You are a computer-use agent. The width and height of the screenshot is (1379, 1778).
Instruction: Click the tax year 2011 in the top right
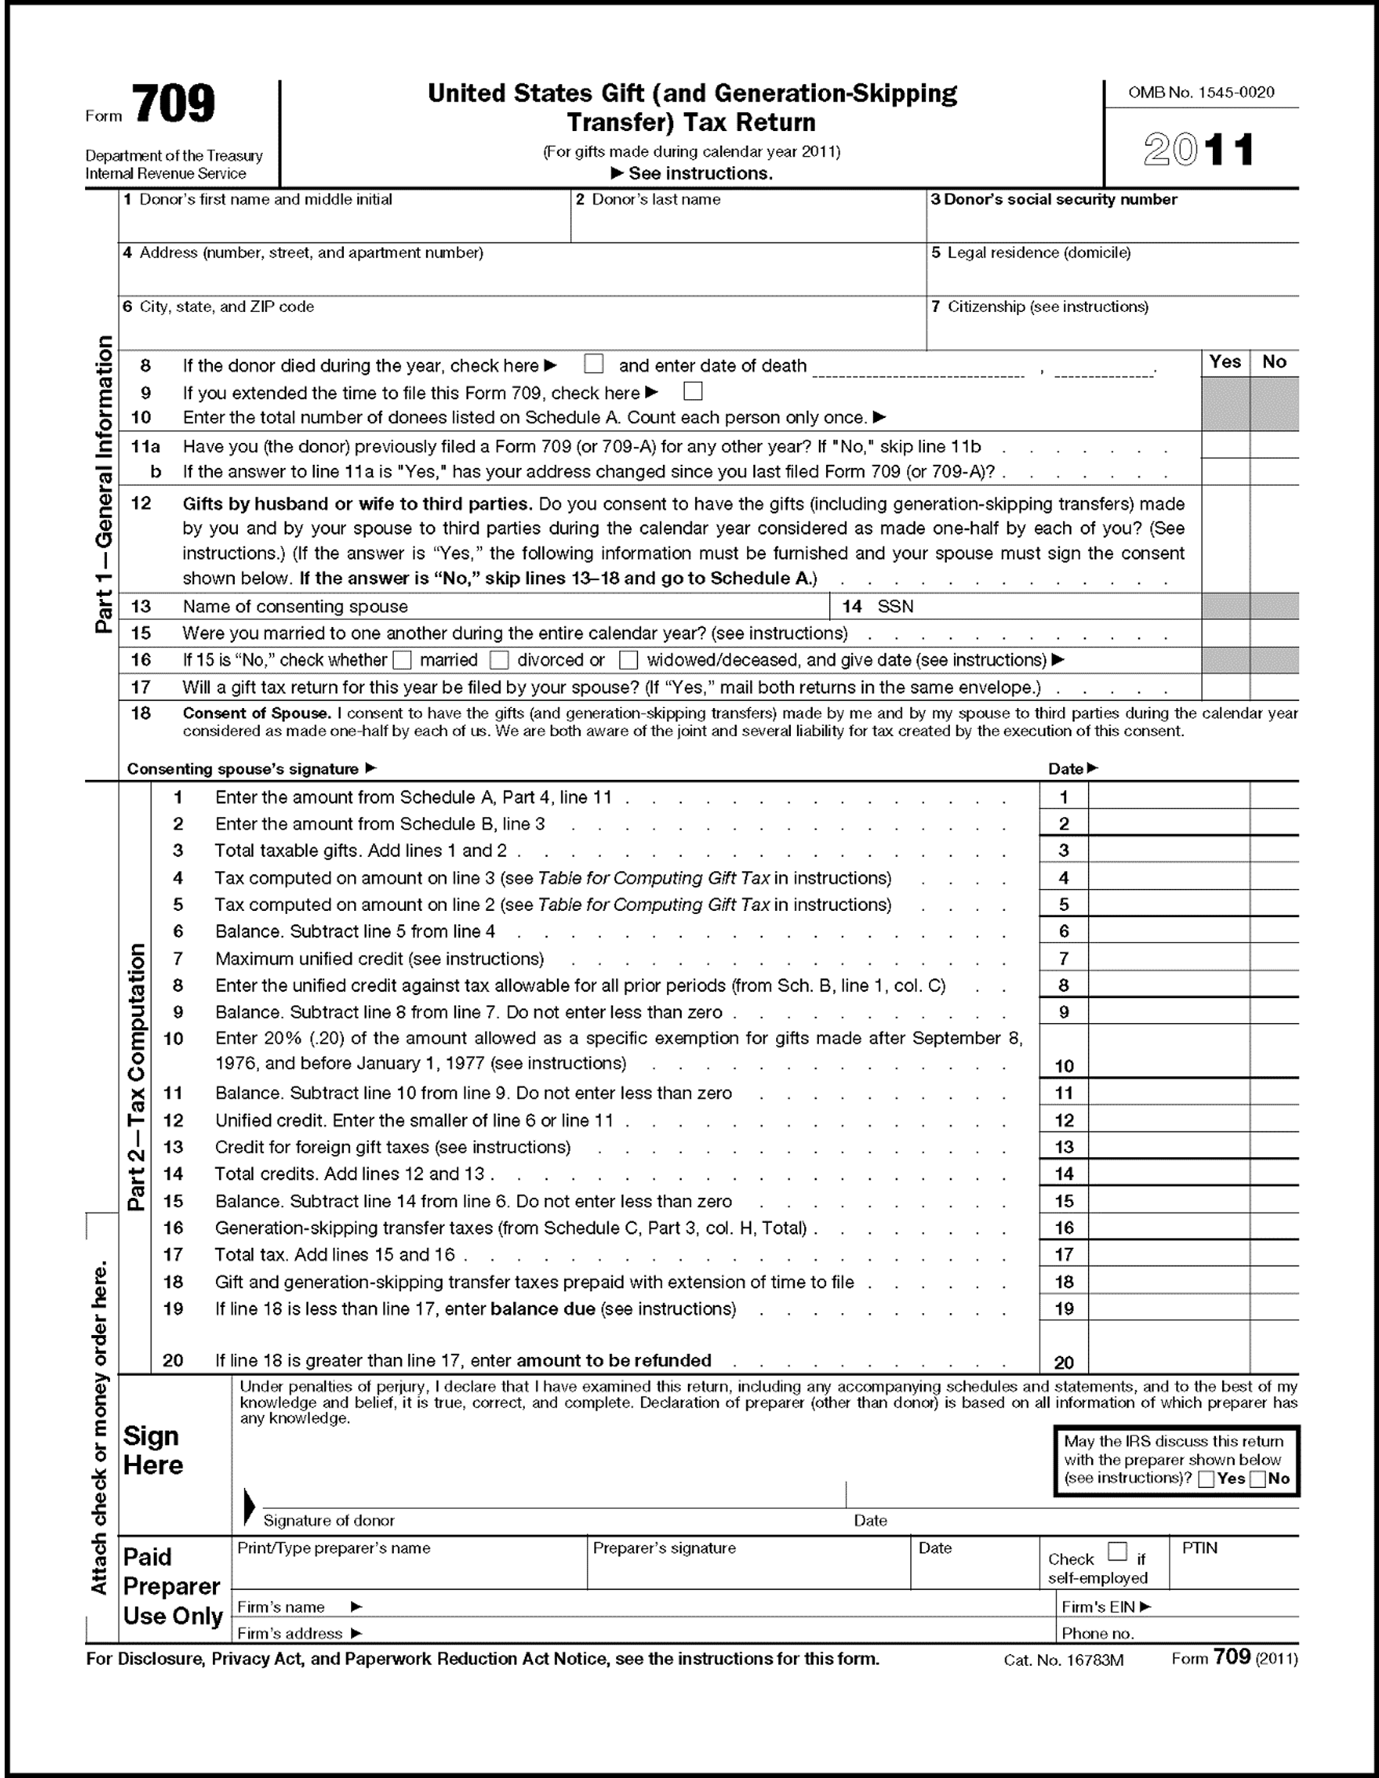point(1198,151)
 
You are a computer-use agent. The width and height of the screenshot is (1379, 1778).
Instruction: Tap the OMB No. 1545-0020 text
point(1200,93)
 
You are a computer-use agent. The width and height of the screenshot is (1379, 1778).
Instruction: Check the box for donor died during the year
point(594,363)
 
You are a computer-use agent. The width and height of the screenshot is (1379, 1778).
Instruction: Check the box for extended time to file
point(693,391)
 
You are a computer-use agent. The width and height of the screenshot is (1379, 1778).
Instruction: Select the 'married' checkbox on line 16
point(403,660)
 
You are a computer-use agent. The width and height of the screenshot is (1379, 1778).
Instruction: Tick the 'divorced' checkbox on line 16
point(500,660)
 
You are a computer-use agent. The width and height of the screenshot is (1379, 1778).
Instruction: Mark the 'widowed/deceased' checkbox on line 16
point(629,660)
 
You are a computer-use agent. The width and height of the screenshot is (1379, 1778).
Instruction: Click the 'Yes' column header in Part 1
point(1225,363)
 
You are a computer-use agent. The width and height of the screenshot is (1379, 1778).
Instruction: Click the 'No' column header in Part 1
point(1274,363)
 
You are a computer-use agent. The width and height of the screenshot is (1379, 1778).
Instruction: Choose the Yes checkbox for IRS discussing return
point(1207,1479)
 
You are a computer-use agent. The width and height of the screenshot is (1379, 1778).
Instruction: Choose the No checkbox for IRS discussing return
point(1257,1479)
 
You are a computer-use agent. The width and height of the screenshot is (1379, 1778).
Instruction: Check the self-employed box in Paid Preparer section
point(1118,1551)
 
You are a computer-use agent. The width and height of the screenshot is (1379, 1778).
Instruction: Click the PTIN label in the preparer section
point(1199,1549)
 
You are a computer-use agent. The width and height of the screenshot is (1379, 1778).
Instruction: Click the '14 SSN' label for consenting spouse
point(878,607)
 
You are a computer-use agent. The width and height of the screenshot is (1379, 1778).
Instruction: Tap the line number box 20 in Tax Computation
point(1063,1363)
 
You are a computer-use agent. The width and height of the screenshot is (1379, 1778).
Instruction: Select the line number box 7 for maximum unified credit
point(1063,959)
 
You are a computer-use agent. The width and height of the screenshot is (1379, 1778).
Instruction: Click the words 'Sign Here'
point(153,1450)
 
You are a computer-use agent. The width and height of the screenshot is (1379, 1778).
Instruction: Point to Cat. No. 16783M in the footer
point(1063,1660)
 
